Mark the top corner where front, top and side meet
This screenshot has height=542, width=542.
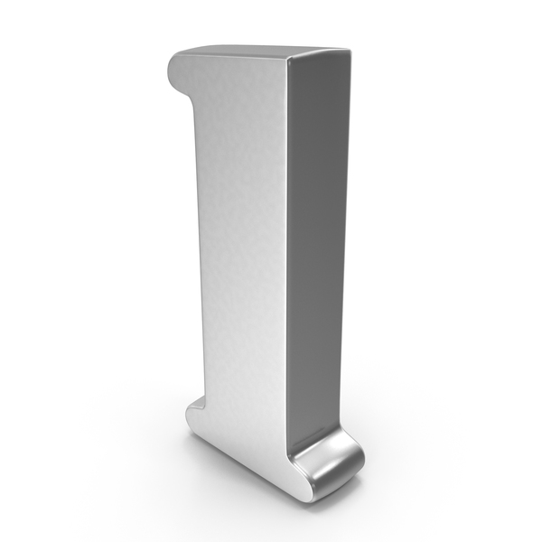pyautogui.click(x=287, y=58)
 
